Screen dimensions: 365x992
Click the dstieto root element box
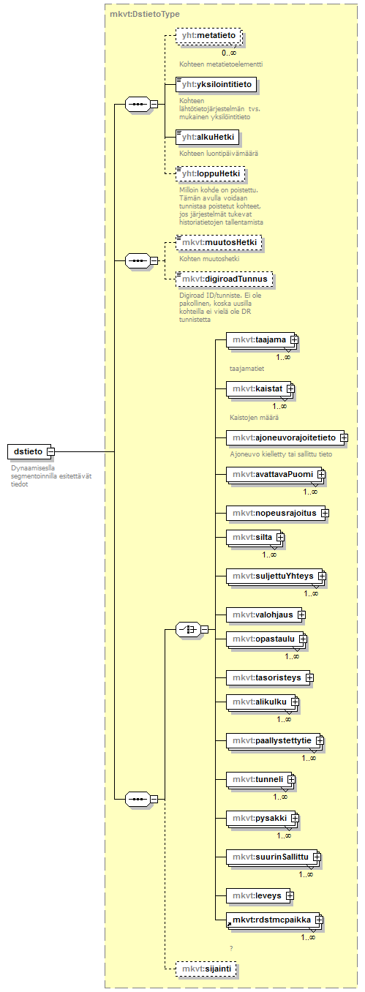coord(29,451)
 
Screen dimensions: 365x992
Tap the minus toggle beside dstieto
coord(51,451)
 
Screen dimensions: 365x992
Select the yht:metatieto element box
coord(208,35)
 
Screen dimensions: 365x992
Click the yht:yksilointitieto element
coord(217,84)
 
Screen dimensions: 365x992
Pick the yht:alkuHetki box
coord(207,137)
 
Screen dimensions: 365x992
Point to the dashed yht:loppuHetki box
coord(211,173)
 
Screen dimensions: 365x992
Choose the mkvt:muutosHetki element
coord(219,242)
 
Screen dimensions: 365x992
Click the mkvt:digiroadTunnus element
coord(224,279)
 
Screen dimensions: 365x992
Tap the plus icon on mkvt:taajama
coord(294,340)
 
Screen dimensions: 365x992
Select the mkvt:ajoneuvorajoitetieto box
coord(286,437)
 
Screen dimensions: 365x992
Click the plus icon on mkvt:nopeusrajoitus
coord(325,514)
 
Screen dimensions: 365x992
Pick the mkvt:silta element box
coord(255,537)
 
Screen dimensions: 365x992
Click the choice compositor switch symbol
coord(188,629)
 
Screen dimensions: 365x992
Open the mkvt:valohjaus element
coord(265,615)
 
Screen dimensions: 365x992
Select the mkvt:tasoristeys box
coord(268,677)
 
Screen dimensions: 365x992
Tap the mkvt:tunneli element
coord(260,779)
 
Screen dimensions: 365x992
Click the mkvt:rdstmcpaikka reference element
coord(274,920)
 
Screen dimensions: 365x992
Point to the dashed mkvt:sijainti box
coord(206,969)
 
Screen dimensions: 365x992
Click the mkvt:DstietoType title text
coord(145,14)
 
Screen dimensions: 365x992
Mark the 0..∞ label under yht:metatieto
coord(229,53)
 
